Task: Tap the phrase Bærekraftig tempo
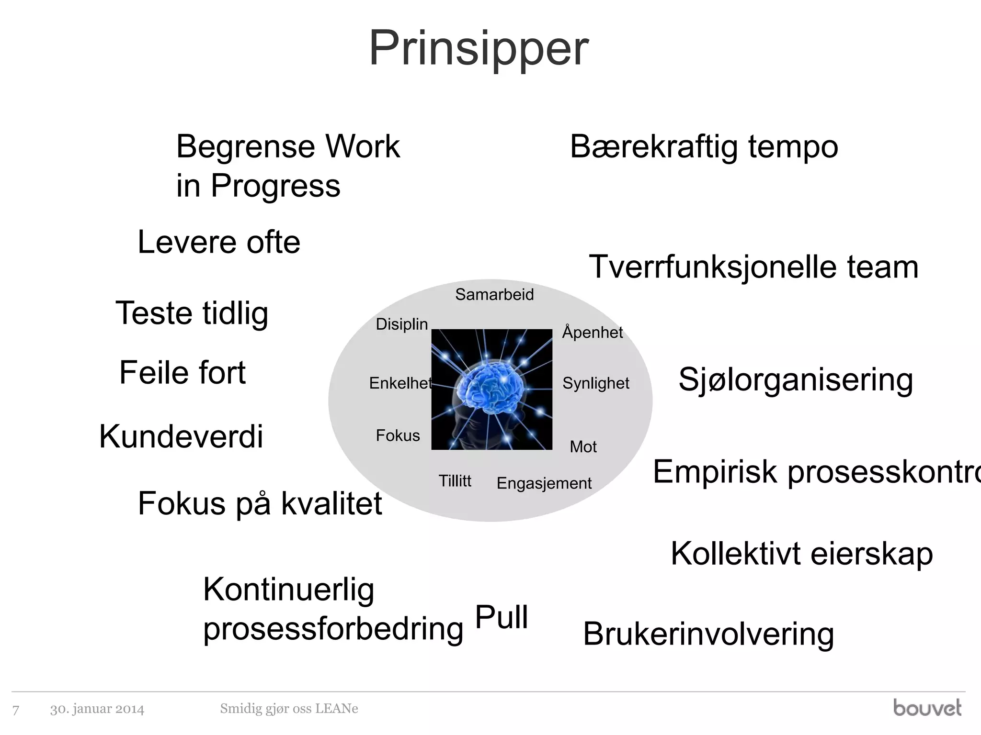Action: [704, 146]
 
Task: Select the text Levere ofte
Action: [219, 242]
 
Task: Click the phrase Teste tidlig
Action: [192, 313]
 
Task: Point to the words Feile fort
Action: [182, 373]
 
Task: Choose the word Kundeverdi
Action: [181, 436]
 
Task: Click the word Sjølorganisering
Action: [796, 380]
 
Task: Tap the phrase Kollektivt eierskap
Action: [801, 554]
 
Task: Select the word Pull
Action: [501, 617]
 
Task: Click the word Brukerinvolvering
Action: [708, 634]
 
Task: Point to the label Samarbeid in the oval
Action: [494, 294]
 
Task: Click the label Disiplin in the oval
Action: [401, 324]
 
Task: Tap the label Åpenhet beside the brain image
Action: [592, 332]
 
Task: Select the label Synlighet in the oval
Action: [595, 383]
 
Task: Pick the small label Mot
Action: [583, 446]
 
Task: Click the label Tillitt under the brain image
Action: [455, 481]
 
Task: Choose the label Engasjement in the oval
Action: [544, 483]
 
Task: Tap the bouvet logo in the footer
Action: [927, 708]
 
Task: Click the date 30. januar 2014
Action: [97, 709]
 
